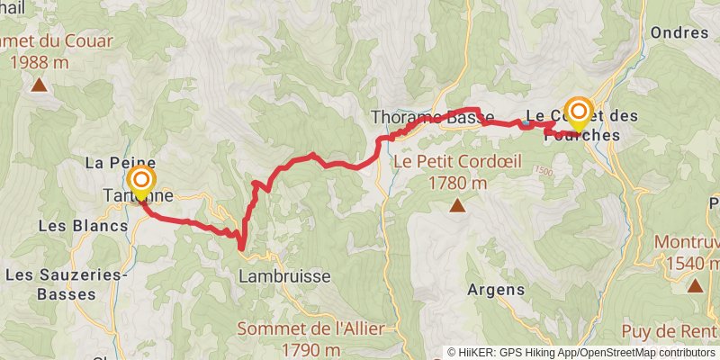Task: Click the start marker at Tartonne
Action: coord(139,183)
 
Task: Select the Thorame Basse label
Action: coord(432,116)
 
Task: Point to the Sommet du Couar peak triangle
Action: coord(39,85)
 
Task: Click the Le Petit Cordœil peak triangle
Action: coord(458,207)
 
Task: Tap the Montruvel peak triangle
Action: coord(695,285)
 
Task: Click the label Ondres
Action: coord(679,32)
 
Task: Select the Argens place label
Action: coord(496,290)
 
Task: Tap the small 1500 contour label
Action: coord(544,170)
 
